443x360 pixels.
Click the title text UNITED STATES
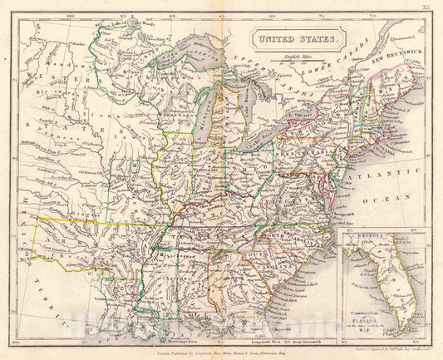[x=298, y=38]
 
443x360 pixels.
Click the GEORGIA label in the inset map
[x=365, y=241]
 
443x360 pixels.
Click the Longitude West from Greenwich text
[x=283, y=343]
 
